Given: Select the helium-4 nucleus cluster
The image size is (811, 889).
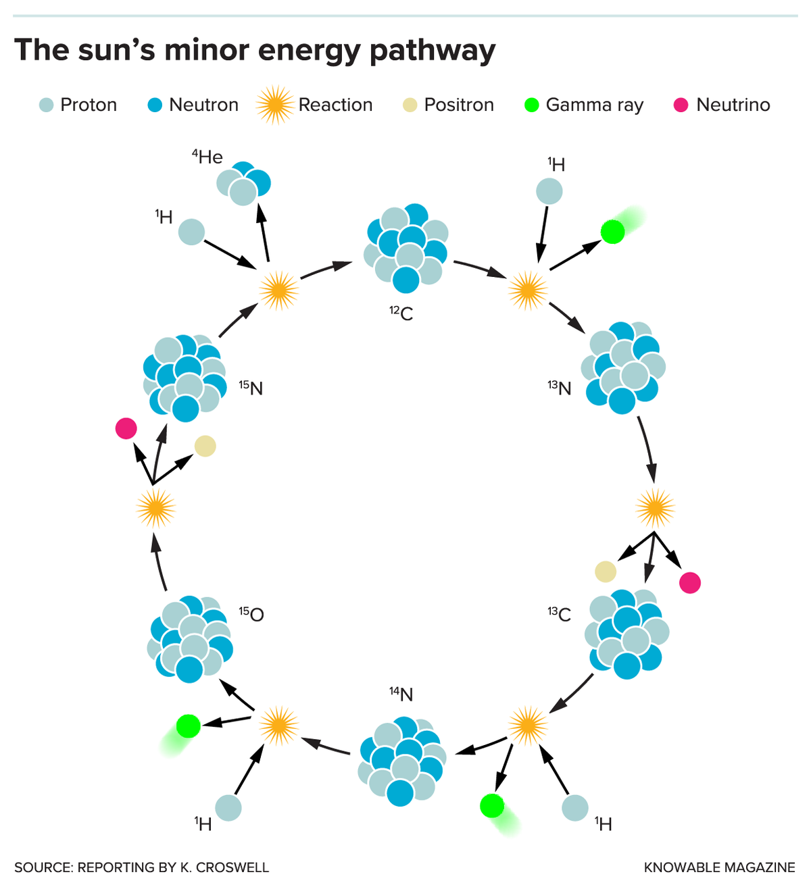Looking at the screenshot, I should coord(243,183).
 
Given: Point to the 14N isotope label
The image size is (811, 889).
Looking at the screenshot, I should coord(401,694).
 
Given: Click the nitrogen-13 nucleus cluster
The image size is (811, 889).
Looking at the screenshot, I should coord(623,367).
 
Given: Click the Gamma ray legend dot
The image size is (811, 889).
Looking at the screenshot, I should coord(532,105).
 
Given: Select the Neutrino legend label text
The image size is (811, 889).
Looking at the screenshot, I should coord(733,105).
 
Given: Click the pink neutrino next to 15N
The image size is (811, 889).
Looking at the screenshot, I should coord(126,428).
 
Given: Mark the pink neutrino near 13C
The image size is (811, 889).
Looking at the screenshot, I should coord(689,582).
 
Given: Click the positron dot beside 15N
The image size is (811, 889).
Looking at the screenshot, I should coord(205,446).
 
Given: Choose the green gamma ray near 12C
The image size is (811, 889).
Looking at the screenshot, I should coord(613,232).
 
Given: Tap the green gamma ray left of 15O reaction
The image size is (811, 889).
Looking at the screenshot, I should coord(188,726).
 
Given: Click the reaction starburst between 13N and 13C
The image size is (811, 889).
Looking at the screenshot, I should coord(655,508).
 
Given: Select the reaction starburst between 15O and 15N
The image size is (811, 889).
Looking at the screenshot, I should coord(155,508).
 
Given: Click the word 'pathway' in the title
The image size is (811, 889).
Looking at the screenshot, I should coord(433,51).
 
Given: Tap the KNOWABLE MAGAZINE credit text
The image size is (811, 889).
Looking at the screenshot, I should coord(719,867).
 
